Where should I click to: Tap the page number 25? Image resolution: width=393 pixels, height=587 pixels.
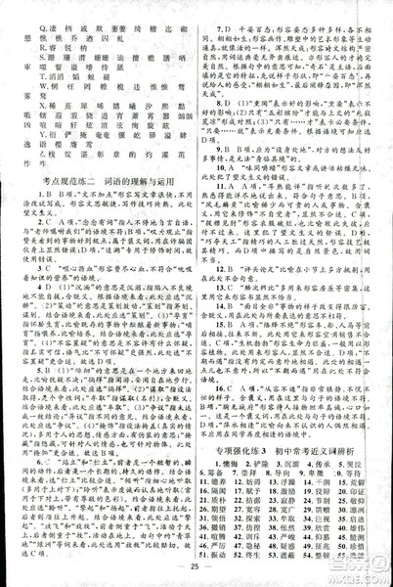click(x=196, y=566)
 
